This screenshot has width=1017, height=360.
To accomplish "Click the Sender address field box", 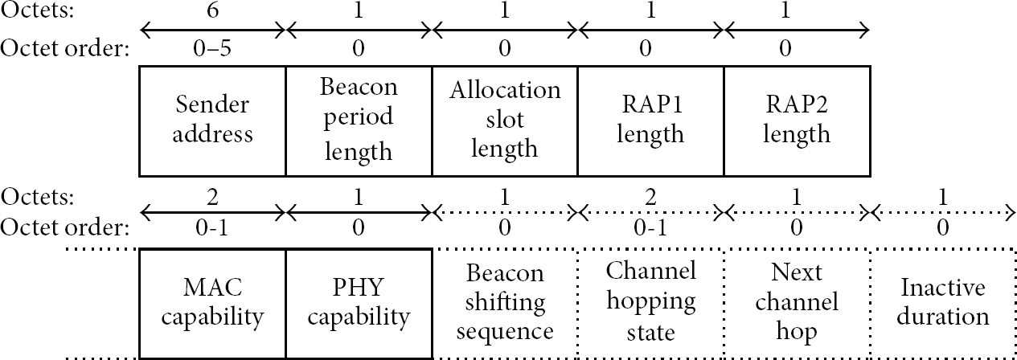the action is (212, 121).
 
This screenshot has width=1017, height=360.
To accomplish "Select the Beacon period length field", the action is (359, 121).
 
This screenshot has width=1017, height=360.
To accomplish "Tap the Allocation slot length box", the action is (505, 121).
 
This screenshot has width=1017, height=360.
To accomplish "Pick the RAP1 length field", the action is (650, 121).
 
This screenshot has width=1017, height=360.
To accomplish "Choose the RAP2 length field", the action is (797, 121).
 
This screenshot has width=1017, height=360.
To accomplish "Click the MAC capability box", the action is (212, 303).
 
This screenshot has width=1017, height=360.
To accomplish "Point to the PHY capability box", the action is (359, 303).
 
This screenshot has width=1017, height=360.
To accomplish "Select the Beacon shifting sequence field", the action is (505, 303).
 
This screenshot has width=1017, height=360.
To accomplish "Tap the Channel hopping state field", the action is (650, 303).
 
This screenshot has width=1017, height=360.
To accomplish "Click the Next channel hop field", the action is (797, 303).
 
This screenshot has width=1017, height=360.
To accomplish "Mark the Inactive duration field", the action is (942, 303).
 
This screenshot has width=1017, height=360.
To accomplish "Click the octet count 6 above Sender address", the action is (212, 10).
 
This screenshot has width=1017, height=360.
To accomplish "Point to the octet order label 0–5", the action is (212, 47).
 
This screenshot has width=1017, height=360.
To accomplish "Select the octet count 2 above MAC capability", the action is (212, 198).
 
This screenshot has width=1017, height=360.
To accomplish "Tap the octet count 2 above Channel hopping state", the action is (650, 198).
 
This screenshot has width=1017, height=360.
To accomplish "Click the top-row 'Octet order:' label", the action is (64, 47).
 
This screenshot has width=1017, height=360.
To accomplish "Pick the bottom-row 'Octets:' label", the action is (37, 198).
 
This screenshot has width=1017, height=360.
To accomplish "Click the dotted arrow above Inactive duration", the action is (942, 212).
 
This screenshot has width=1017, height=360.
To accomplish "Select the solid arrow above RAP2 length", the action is (797, 31).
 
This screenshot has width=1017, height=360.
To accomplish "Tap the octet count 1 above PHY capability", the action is (359, 198).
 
